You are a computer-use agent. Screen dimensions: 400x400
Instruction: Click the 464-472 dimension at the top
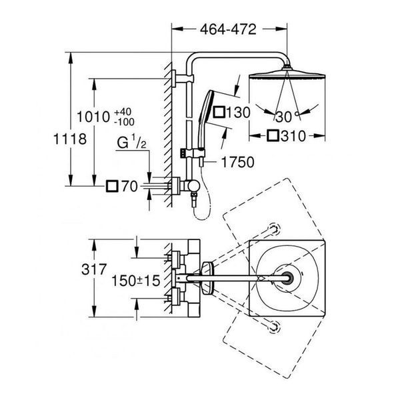(x=228, y=29)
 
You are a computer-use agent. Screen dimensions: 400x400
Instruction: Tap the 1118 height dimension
(x=70, y=139)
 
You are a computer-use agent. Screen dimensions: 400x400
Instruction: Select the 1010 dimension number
(x=93, y=117)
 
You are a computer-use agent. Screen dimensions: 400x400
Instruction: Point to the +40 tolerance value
(x=123, y=112)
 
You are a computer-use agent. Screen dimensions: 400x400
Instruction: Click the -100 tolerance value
(x=124, y=122)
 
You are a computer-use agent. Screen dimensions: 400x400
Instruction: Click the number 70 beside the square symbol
(x=129, y=186)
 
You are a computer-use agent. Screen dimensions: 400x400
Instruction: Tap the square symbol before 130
(x=219, y=112)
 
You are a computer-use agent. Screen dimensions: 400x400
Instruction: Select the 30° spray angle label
(x=287, y=117)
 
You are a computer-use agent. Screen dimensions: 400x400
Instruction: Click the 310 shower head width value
(x=293, y=136)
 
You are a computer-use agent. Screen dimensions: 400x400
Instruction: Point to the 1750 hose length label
(x=238, y=162)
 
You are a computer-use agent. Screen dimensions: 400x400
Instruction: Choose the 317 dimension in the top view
(x=93, y=269)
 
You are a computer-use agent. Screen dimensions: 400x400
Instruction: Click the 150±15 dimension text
(x=136, y=281)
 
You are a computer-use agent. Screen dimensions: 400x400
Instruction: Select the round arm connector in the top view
(x=287, y=278)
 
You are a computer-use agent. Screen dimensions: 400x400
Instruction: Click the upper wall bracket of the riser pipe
(x=183, y=79)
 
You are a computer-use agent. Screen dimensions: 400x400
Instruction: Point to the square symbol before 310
(x=273, y=136)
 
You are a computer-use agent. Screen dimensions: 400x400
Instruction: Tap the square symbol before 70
(x=112, y=186)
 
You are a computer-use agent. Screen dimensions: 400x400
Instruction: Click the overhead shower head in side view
(x=287, y=75)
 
